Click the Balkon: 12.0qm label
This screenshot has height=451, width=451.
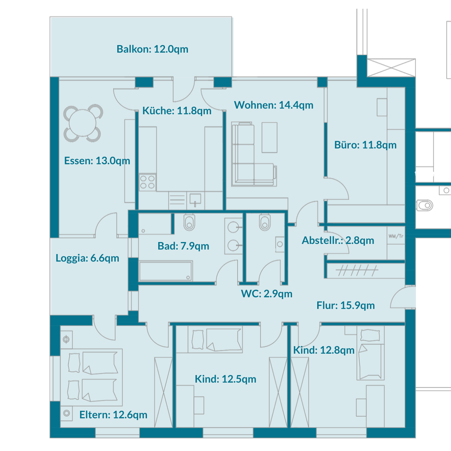tap(152, 49)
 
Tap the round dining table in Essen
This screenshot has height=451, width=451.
tap(82, 123)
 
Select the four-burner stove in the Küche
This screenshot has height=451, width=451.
tap(147, 182)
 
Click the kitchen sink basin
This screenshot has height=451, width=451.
tap(195, 199)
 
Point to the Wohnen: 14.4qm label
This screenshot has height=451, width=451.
tap(274, 105)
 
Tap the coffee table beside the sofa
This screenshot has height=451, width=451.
tap(269, 138)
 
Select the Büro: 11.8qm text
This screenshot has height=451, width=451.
tap(365, 145)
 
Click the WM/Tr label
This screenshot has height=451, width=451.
tap(396, 236)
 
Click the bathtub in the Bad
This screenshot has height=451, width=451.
tap(165, 271)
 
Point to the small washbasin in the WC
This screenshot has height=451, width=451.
tap(280, 244)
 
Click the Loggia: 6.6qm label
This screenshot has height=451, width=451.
tap(87, 258)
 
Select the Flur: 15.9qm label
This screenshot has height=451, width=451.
tap(345, 306)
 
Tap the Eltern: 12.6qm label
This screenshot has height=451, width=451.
tap(113, 415)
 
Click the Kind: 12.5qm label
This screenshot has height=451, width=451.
tap(225, 379)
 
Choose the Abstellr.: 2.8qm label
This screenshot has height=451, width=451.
tap(338, 241)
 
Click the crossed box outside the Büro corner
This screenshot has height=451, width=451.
tap(391, 68)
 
